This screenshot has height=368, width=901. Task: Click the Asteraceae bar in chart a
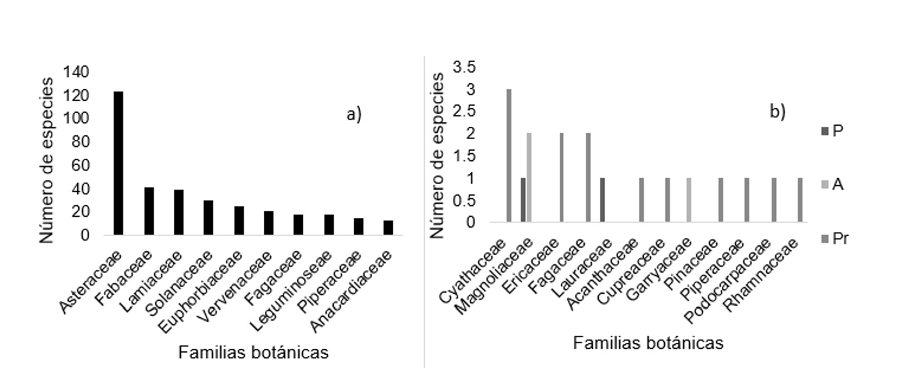pos(118,163)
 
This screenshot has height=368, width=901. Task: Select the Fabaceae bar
pos(149,211)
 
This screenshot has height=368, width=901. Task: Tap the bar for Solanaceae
pos(209,218)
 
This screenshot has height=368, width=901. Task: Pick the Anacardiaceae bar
pos(388,228)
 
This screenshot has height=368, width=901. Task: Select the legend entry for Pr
pos(834,239)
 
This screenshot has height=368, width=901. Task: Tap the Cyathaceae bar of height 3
pos(509,156)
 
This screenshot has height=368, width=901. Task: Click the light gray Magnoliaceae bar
pos(529,178)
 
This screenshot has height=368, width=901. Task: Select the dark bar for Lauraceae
pos(602,200)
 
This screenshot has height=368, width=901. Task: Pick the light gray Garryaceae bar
pos(689,200)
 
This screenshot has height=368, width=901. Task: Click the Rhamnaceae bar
pos(800,200)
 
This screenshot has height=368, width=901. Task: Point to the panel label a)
pos(354,115)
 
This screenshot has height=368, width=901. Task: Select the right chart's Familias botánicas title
pos(648,343)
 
